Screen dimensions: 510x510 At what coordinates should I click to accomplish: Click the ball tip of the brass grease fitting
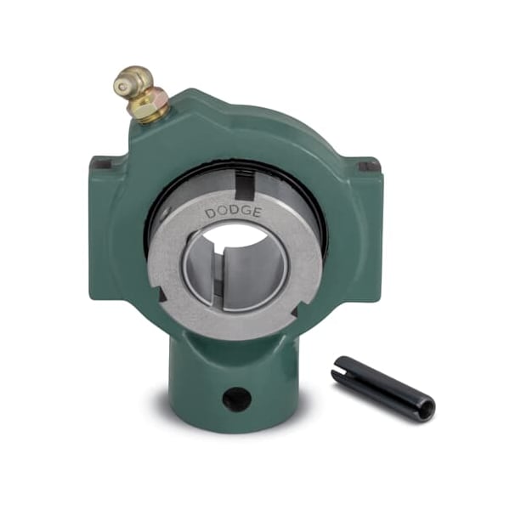coord(122,86)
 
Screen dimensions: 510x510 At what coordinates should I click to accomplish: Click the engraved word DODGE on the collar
coord(234,212)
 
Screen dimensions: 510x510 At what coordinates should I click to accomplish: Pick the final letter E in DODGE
coord(258,213)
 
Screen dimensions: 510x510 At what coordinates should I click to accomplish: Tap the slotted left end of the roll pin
coord(339,369)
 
